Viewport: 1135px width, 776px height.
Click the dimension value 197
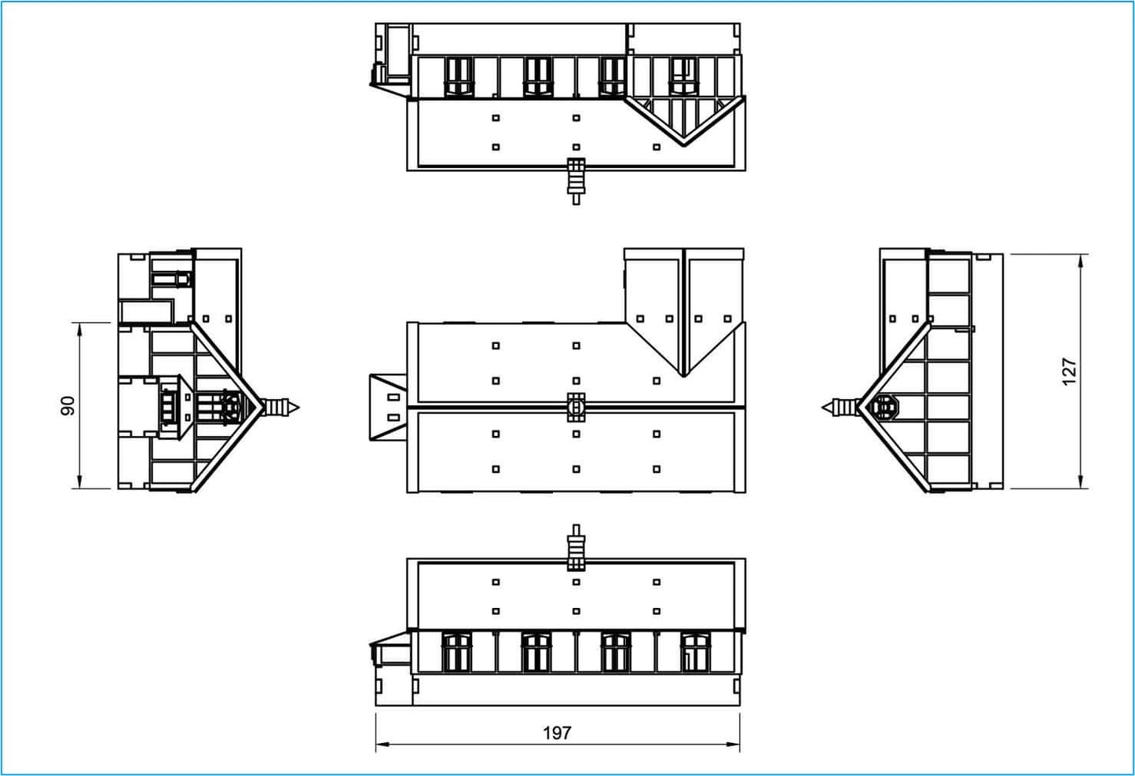pos(557,733)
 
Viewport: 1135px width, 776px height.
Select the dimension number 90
pos(68,406)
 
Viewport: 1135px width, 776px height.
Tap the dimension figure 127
pos(1068,372)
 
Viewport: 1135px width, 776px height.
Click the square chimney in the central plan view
pos(576,407)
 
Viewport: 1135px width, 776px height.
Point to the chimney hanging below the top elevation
pos(576,181)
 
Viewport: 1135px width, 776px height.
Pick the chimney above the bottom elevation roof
pos(576,547)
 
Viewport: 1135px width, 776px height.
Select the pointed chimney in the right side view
pos(840,408)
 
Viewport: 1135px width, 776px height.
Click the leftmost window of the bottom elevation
pos(457,653)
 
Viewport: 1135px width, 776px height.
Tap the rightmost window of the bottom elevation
pos(696,653)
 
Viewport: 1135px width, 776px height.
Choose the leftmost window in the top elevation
pos(459,76)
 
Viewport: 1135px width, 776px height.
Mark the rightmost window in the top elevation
pos(684,76)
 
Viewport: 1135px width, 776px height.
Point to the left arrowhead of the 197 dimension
pos(382,744)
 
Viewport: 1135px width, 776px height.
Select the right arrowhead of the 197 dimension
pos(733,744)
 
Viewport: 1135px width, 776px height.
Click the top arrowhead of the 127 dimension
pos(1081,261)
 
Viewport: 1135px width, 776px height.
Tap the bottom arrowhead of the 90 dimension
pos(79,481)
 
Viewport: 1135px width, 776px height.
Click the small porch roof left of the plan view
pos(388,408)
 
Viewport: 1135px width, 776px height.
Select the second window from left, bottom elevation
pos(536,653)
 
